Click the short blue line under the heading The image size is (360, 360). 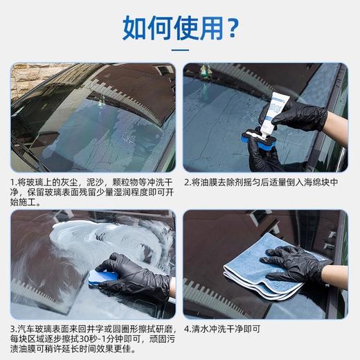pyautogui.click(x=180, y=50)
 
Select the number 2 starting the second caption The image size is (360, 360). pyautogui.click(x=187, y=182)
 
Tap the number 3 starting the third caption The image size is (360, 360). pyautogui.click(x=14, y=327)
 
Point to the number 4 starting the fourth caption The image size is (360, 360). pyautogui.click(x=187, y=327)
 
